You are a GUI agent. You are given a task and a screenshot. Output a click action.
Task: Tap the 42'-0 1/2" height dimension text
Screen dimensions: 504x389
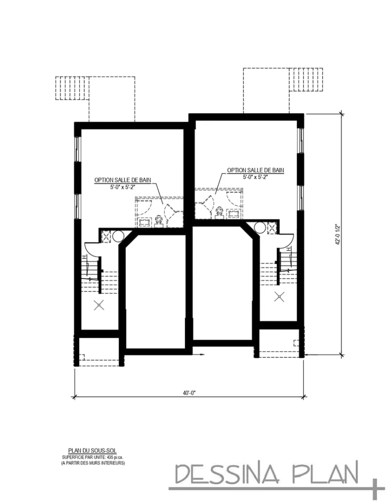(337, 235)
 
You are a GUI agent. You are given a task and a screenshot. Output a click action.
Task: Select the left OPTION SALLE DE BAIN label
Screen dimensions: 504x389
(123, 180)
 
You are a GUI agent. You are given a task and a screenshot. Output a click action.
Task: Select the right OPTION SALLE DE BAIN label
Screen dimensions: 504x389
(255, 171)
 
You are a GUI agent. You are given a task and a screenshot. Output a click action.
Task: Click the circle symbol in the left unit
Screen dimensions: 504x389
(118, 236)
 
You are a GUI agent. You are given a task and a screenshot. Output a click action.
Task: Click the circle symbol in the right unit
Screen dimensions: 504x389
(260, 227)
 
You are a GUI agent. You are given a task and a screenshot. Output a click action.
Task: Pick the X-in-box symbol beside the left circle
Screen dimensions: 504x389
(106, 236)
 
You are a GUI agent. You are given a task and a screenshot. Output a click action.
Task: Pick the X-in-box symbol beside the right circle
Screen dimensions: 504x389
(271, 227)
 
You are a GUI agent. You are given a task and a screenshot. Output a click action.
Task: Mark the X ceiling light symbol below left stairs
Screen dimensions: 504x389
(99, 305)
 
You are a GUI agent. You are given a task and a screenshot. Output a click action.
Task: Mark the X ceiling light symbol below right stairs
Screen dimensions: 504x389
(279, 296)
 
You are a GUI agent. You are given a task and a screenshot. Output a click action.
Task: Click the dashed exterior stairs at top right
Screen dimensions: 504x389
(308, 79)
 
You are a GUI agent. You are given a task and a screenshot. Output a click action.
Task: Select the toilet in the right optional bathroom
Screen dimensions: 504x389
(219, 212)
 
